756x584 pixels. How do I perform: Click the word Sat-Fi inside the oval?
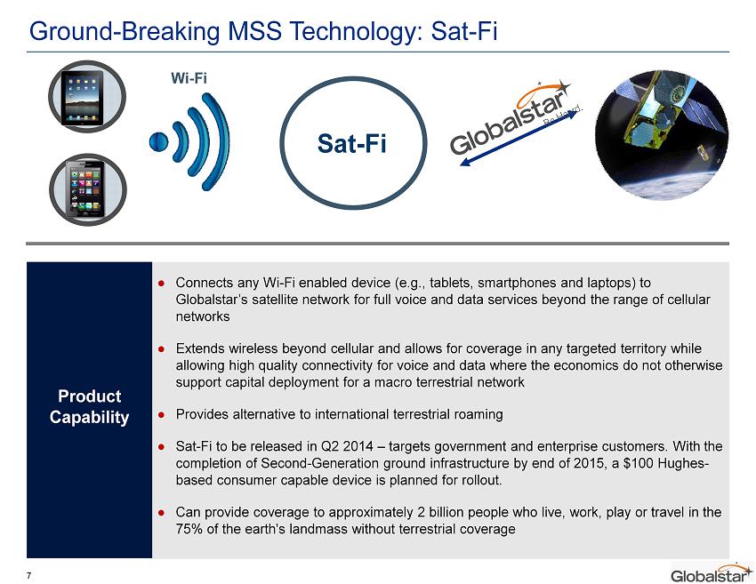coord(352,143)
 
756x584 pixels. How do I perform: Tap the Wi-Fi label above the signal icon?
coord(189,77)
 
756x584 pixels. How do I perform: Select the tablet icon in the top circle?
coord(83,98)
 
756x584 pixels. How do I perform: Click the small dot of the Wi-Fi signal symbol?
coord(159,141)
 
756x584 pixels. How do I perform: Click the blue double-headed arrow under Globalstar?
coord(519,139)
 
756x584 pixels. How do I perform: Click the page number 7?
coord(29,575)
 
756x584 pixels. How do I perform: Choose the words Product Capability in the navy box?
coord(89,406)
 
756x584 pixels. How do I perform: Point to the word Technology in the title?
coord(356,32)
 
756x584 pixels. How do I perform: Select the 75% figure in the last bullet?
coord(189,529)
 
